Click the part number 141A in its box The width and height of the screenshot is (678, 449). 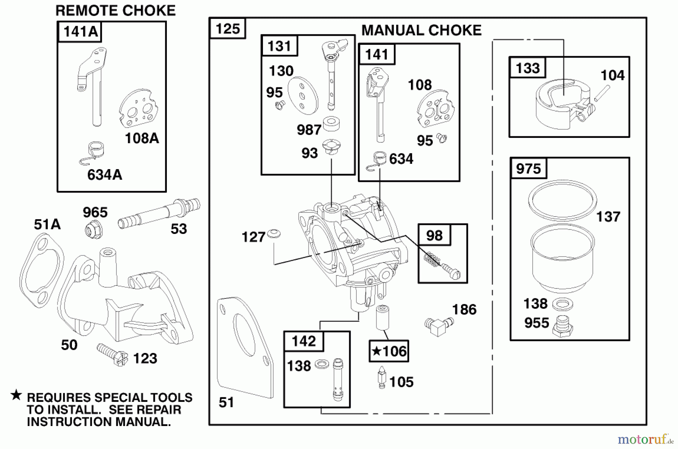pyautogui.click(x=80, y=32)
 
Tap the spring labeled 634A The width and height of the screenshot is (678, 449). pyautogui.click(x=95, y=152)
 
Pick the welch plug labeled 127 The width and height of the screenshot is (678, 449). pyautogui.click(x=274, y=234)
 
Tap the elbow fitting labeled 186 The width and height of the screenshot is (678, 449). pyautogui.click(x=438, y=326)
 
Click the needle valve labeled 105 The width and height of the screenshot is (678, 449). pyautogui.click(x=382, y=379)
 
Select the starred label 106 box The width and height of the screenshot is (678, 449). pyautogui.click(x=389, y=351)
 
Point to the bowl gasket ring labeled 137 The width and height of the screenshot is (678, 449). pyautogui.click(x=562, y=200)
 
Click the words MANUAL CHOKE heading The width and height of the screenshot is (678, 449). pyautogui.click(x=421, y=31)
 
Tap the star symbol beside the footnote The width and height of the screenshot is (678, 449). pyautogui.click(x=16, y=395)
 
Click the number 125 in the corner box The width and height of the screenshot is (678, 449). pyautogui.click(x=228, y=29)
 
